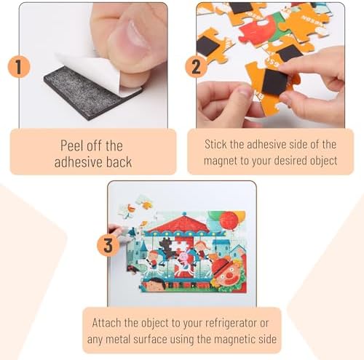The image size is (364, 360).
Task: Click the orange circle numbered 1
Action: point(19,67)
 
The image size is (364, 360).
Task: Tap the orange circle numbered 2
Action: point(196,67)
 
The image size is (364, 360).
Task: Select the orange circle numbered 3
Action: point(108,245)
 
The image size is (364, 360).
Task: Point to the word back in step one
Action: point(119,162)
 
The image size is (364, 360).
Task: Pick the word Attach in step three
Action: point(106,323)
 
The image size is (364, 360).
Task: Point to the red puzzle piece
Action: point(258,31)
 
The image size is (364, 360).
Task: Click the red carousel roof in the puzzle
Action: point(179,223)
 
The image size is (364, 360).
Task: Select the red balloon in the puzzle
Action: point(229,220)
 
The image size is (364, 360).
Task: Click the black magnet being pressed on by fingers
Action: point(274,82)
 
